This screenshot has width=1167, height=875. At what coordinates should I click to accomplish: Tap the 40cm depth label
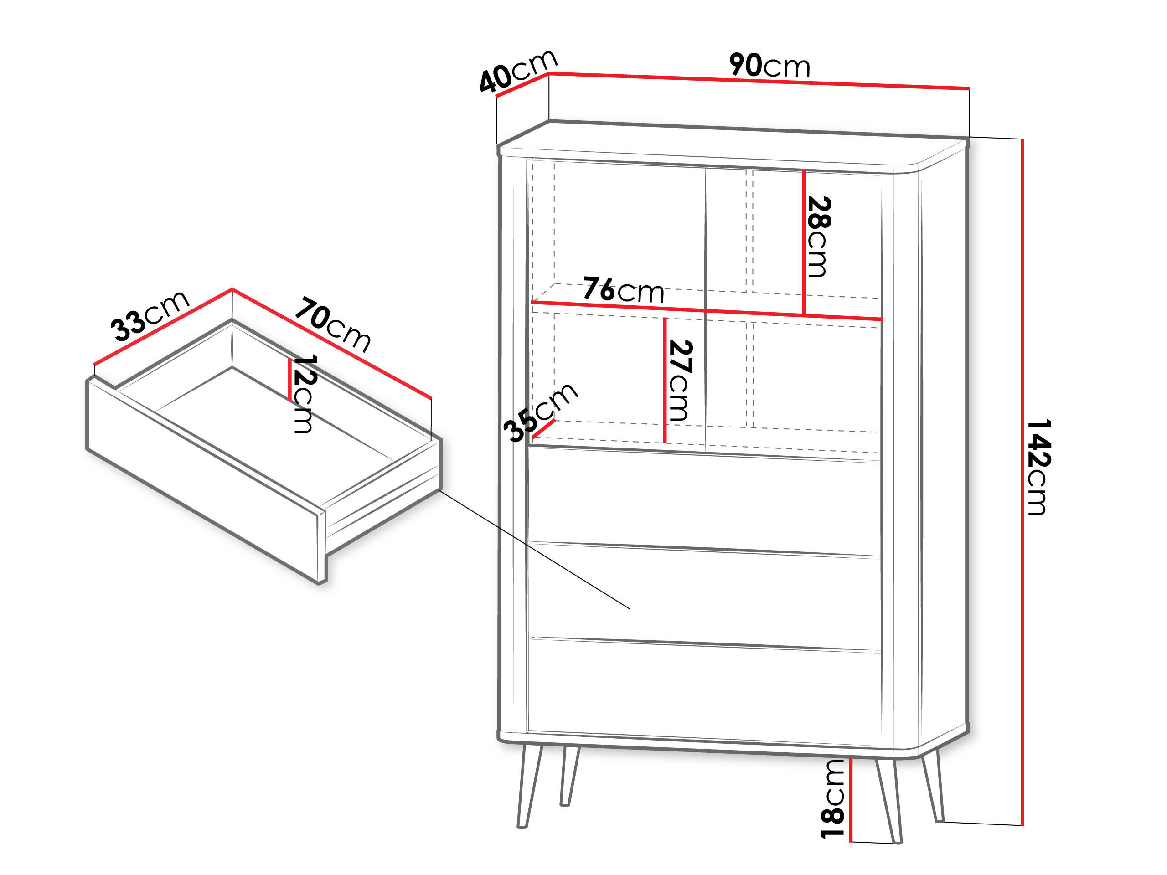pyautogui.click(x=517, y=71)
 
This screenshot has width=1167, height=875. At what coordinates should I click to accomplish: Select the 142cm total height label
pyautogui.click(x=1039, y=467)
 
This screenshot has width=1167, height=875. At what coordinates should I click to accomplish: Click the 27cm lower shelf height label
pyautogui.click(x=680, y=380)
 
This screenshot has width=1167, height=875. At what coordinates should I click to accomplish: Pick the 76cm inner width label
pyautogui.click(x=623, y=290)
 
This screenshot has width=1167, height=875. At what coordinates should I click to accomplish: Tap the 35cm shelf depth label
pyautogui.click(x=540, y=411)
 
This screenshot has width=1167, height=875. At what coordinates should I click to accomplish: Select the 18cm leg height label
pyautogui.click(x=832, y=798)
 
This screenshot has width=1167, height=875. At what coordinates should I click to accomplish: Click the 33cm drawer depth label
pyautogui.click(x=150, y=315)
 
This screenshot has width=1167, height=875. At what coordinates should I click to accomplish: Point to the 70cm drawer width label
pyautogui.click(x=333, y=324)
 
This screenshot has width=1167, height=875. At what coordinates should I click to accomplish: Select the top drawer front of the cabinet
pyautogui.click(x=704, y=500)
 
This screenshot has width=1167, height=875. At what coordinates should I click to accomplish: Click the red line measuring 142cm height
pyautogui.click(x=1022, y=482)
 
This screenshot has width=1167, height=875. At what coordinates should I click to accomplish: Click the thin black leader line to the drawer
pyautogui.click(x=534, y=550)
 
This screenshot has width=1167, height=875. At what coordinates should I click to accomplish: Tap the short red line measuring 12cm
pyautogui.click(x=289, y=380)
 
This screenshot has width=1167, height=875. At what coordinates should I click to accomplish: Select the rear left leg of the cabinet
pyautogui.click(x=569, y=775)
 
